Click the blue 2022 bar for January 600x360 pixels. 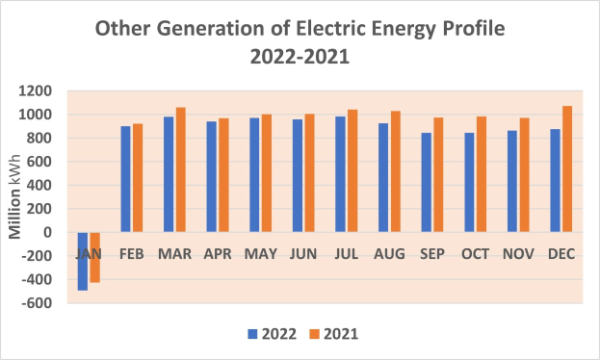point(83,261)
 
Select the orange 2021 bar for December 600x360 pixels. point(566,168)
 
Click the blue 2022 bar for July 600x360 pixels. point(341,174)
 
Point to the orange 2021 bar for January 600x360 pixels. point(94,257)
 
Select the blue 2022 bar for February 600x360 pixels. point(125,179)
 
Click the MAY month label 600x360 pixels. point(262,254)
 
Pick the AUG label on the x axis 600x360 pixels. point(392,254)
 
